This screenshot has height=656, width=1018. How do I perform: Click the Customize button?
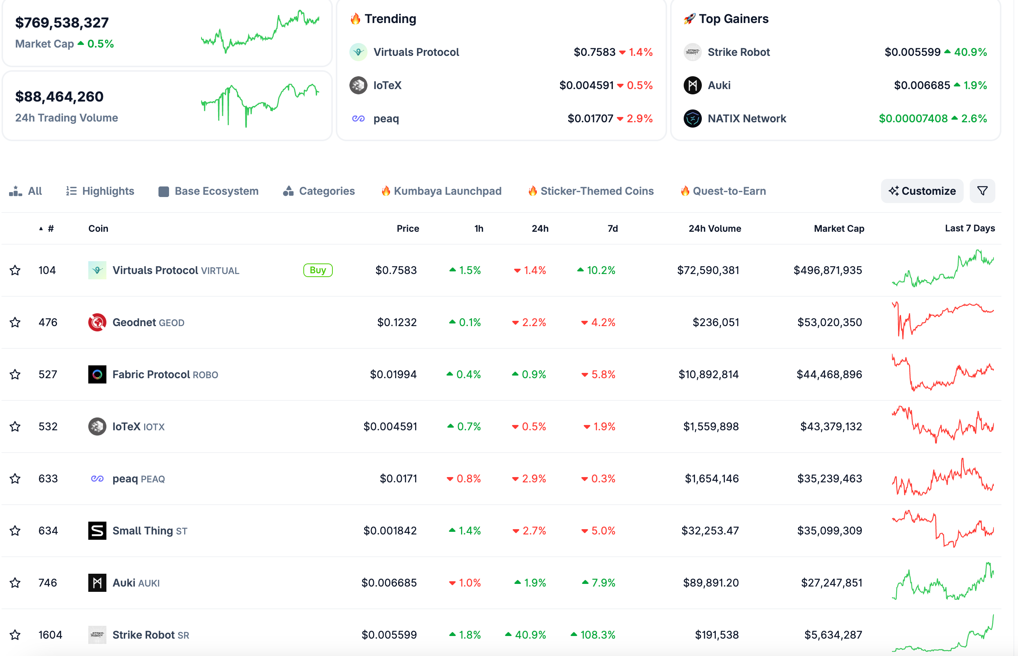click(922, 191)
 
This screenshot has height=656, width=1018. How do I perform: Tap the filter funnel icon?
click(982, 191)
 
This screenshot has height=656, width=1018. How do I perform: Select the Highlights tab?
click(100, 191)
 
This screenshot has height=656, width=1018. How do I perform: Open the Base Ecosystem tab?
click(208, 191)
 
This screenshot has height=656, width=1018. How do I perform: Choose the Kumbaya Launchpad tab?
click(441, 191)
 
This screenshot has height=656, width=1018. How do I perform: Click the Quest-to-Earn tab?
click(723, 191)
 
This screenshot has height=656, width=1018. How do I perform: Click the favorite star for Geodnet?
click(15, 322)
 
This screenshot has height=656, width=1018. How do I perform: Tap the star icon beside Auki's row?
click(15, 583)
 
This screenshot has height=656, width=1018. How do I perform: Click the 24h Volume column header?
click(715, 229)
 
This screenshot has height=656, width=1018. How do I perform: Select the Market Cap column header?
click(839, 229)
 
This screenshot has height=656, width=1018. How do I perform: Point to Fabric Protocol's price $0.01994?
click(393, 374)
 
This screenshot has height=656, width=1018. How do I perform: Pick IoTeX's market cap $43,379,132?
click(831, 427)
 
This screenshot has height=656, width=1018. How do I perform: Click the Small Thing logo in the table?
click(97, 531)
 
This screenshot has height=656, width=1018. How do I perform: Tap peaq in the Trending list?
click(386, 119)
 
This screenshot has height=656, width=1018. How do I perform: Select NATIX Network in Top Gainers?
click(747, 119)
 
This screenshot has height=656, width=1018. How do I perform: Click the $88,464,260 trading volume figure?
click(59, 97)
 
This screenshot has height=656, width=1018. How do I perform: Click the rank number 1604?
click(50, 635)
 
